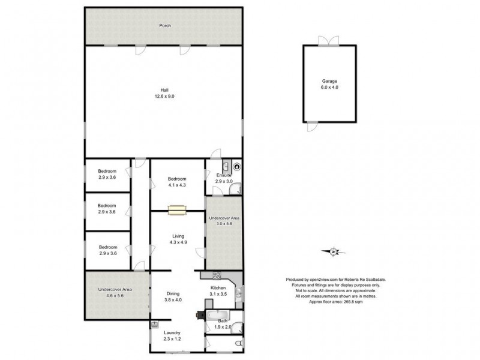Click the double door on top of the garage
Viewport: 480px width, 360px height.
325,40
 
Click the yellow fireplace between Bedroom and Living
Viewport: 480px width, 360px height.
177,209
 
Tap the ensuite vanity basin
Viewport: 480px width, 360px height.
226,166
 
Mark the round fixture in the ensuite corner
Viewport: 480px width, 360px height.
237,166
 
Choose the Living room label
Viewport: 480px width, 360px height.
178,236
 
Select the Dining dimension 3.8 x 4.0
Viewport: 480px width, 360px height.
173,299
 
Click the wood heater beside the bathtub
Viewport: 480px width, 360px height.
200,314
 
